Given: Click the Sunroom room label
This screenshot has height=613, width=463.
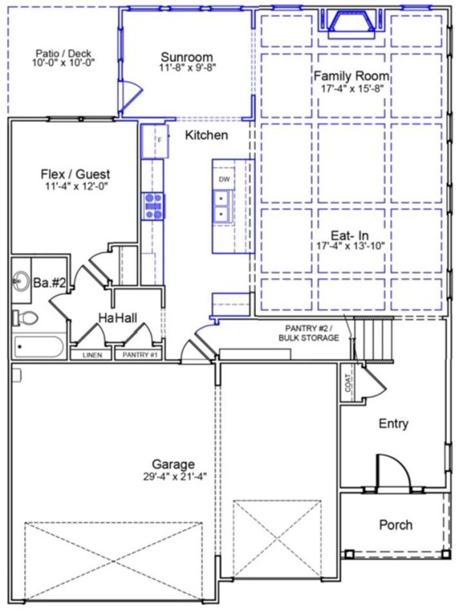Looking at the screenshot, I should (x=186, y=57).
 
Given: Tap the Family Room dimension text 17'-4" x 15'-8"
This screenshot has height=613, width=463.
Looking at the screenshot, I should (x=351, y=88).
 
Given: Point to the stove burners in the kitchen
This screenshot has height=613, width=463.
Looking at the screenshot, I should (x=152, y=206).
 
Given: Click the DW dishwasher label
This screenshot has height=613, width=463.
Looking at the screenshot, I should (x=225, y=179).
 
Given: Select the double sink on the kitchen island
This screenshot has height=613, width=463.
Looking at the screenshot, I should (x=225, y=206).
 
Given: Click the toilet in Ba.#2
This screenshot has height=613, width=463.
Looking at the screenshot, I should (x=25, y=316).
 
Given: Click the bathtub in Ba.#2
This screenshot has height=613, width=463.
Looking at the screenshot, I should (x=38, y=347).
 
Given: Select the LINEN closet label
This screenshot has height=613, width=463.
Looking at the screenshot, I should (x=91, y=355).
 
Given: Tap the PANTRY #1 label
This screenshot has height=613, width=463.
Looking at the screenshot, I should (x=136, y=355).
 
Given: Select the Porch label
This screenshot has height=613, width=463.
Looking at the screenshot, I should (x=396, y=525).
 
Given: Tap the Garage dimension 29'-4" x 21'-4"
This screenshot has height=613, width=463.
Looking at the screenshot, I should (x=173, y=476).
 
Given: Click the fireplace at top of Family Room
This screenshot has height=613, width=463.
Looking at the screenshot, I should (x=353, y=23).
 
